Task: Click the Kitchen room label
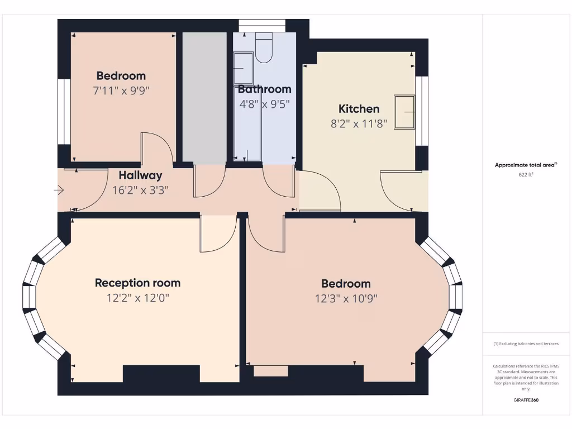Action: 359,109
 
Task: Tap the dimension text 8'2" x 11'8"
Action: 359,124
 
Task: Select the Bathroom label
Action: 264,89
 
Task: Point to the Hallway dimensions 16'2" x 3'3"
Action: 140,190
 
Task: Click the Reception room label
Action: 137,283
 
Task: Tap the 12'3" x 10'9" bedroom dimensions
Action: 346,298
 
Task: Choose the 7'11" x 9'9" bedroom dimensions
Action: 121,90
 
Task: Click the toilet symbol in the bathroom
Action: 264,48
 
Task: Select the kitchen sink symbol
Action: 404,112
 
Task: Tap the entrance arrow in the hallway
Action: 59,190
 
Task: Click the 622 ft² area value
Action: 526,175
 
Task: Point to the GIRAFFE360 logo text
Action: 526,400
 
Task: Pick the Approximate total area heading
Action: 525,165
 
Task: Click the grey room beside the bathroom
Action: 204,98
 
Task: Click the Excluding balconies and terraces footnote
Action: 526,344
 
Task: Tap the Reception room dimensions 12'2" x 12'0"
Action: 137,298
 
